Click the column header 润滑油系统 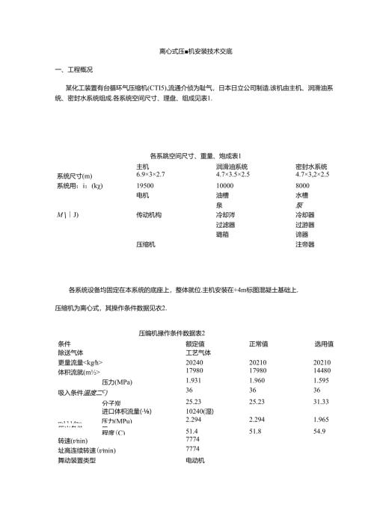point(231,166)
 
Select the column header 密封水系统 point(312,166)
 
